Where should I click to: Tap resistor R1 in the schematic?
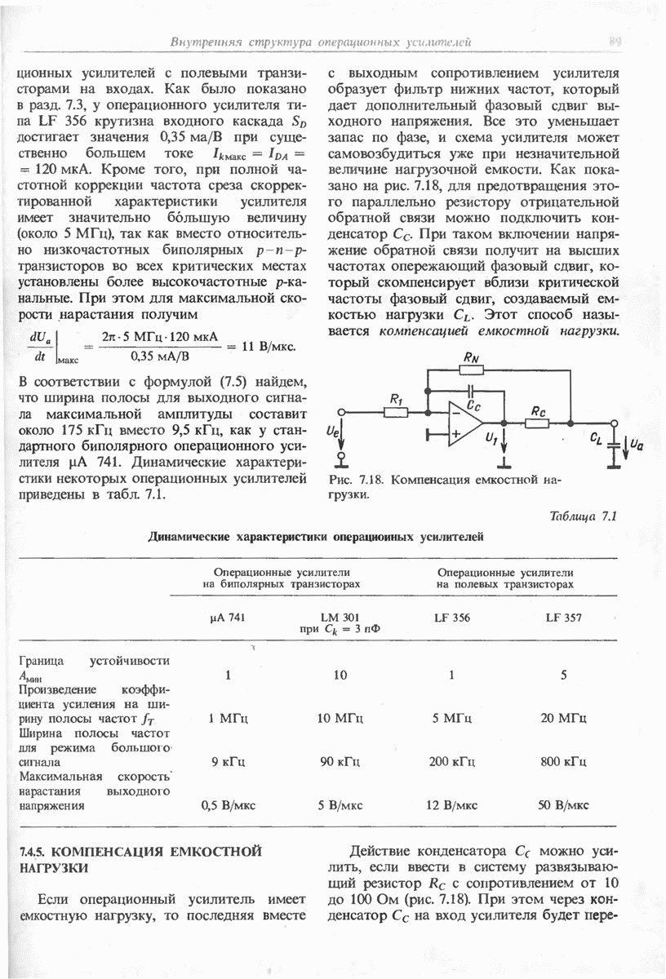click(x=396, y=412)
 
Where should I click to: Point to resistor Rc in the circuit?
click(x=537, y=423)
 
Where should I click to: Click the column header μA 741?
click(x=228, y=618)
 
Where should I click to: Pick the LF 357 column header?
click(x=563, y=618)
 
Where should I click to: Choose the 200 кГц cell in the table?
click(x=451, y=762)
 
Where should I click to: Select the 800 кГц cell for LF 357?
click(x=563, y=762)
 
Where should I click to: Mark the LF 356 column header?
click(x=451, y=618)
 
